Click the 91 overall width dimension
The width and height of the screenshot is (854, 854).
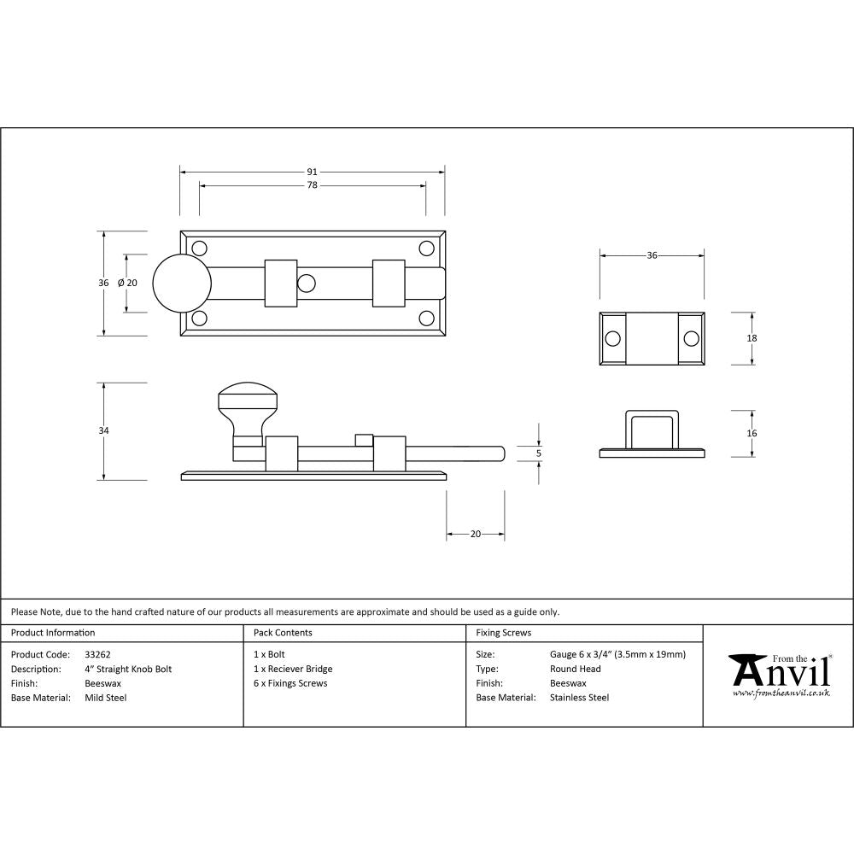click(x=313, y=172)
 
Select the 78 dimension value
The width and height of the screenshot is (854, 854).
click(x=313, y=185)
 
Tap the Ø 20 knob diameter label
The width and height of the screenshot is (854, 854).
click(x=127, y=283)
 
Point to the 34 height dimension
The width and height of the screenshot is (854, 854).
click(x=103, y=431)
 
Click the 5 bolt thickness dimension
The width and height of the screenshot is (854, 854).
click(x=539, y=453)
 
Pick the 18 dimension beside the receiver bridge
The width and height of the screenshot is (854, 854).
click(x=752, y=338)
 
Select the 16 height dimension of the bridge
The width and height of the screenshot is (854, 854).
click(x=752, y=433)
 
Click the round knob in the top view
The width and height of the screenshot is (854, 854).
click(x=182, y=283)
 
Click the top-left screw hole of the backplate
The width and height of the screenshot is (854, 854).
click(x=200, y=249)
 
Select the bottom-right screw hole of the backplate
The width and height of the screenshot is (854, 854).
click(x=426, y=319)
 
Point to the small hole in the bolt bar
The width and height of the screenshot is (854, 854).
click(x=306, y=283)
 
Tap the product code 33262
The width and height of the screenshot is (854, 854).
click(x=97, y=655)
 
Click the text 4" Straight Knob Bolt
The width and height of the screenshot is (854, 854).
click(x=128, y=670)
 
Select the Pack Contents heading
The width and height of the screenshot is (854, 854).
click(x=283, y=633)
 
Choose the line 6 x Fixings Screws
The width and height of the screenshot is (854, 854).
click(x=290, y=683)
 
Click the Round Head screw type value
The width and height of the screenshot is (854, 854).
click(x=576, y=670)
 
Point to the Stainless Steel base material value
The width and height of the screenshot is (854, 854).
click(x=579, y=698)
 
